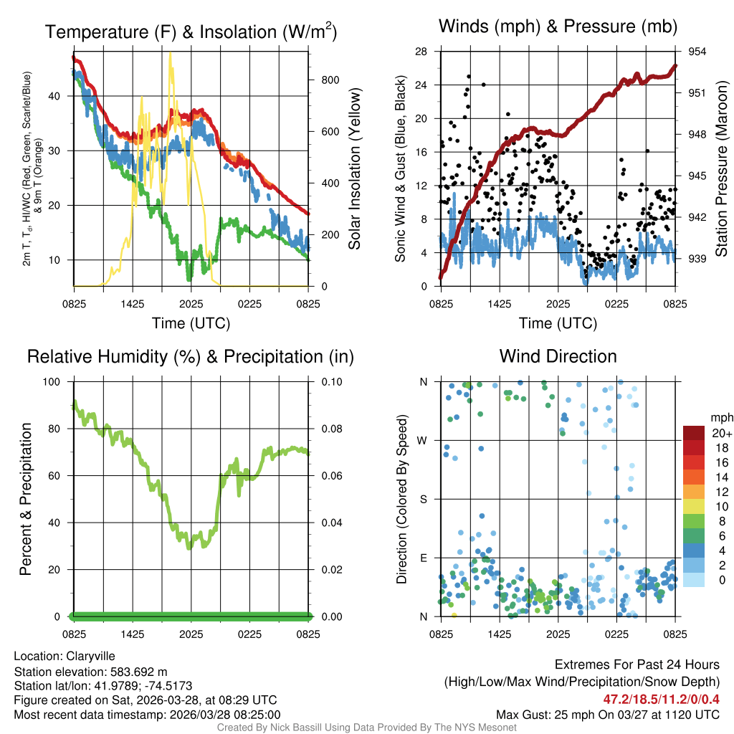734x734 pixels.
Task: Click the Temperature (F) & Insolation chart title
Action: pos(191,32)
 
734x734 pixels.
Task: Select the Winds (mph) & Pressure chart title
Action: pos(558,27)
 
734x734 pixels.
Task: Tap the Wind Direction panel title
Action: pos(558,356)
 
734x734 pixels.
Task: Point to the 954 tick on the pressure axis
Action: pos(697,52)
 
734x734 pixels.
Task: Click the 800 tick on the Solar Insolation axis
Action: pos(330,80)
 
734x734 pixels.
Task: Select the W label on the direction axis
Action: pos(424,440)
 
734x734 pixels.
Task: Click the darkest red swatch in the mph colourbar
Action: pos(694,433)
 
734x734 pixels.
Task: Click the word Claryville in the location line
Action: pos(90,656)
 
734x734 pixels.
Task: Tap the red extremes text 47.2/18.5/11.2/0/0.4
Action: pos(662,699)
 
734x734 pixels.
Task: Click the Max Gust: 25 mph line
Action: pos(608,714)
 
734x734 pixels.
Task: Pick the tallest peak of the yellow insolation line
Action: pos(170,53)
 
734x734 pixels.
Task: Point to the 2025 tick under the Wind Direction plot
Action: pos(558,634)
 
